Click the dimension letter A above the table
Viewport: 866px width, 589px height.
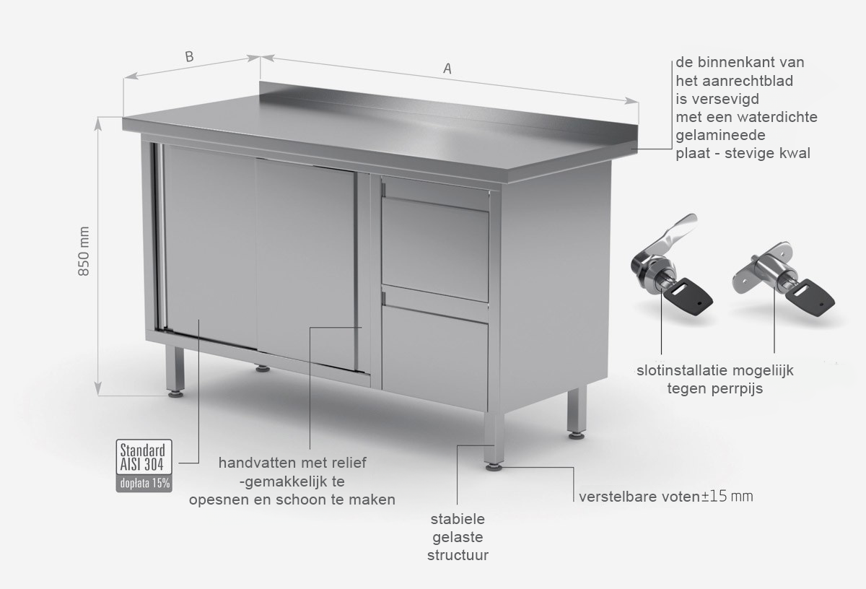click(x=447, y=69)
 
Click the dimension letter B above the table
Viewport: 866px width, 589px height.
click(x=189, y=56)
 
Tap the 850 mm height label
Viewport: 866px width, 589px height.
click(x=84, y=251)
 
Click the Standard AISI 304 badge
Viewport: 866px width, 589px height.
click(x=144, y=457)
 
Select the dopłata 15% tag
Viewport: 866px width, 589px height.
click(x=144, y=484)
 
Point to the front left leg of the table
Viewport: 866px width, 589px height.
click(x=175, y=371)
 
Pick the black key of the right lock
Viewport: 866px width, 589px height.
click(x=810, y=297)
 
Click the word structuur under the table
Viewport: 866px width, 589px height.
click(x=458, y=555)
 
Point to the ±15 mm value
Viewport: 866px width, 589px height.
click(x=727, y=496)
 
